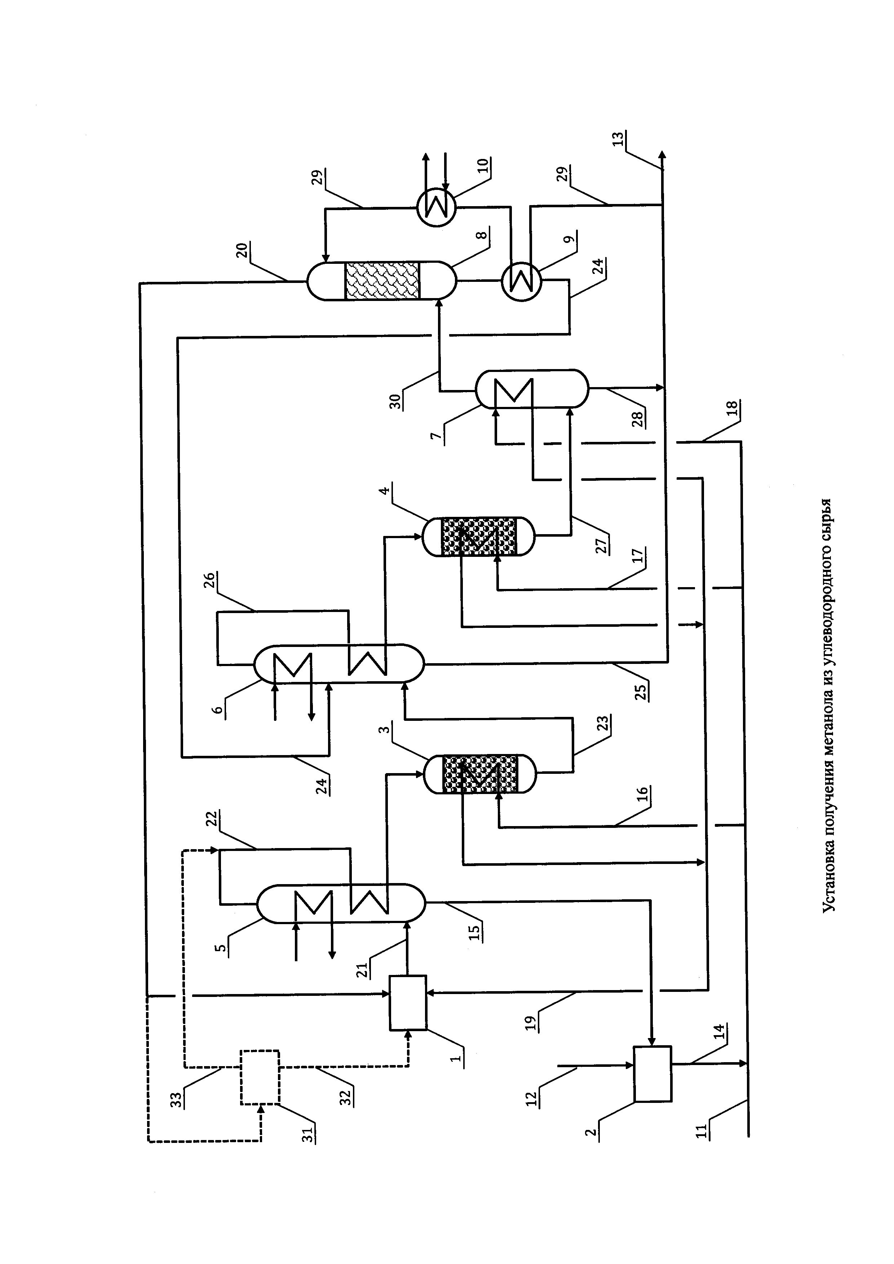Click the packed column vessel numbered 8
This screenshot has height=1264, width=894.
click(x=381, y=281)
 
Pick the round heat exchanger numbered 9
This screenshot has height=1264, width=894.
click(x=521, y=281)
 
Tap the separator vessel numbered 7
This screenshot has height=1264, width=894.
click(x=532, y=389)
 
